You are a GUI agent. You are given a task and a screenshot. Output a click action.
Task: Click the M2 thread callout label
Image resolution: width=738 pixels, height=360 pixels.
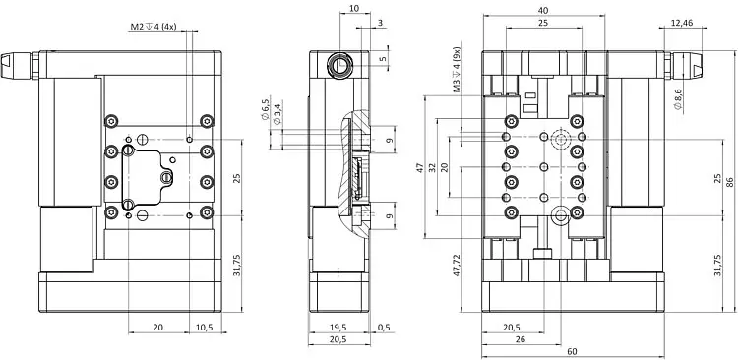click(153, 27)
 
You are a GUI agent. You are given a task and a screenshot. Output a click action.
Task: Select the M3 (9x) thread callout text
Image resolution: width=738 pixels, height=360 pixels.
click(456, 70)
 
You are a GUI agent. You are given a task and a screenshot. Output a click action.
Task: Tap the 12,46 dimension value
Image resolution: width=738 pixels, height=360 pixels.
click(683, 22)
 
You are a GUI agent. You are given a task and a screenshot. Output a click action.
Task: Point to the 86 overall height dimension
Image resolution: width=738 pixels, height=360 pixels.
click(729, 181)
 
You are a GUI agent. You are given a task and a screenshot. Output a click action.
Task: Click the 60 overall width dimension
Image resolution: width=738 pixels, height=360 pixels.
click(573, 351)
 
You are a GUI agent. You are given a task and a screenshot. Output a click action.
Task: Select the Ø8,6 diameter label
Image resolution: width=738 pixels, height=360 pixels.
click(678, 99)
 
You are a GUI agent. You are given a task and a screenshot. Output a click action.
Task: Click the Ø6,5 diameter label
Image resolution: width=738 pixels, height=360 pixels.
click(266, 109)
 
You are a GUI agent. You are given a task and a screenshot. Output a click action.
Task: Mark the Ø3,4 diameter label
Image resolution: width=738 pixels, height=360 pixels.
click(277, 114)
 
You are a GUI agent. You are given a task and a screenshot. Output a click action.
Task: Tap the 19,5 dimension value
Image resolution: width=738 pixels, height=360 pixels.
click(338, 328)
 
